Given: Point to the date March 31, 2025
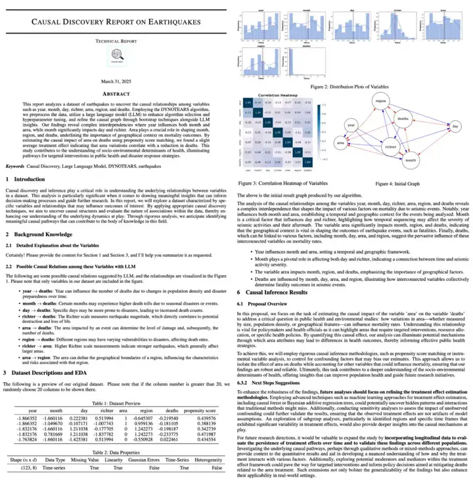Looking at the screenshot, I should coord(118,82).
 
